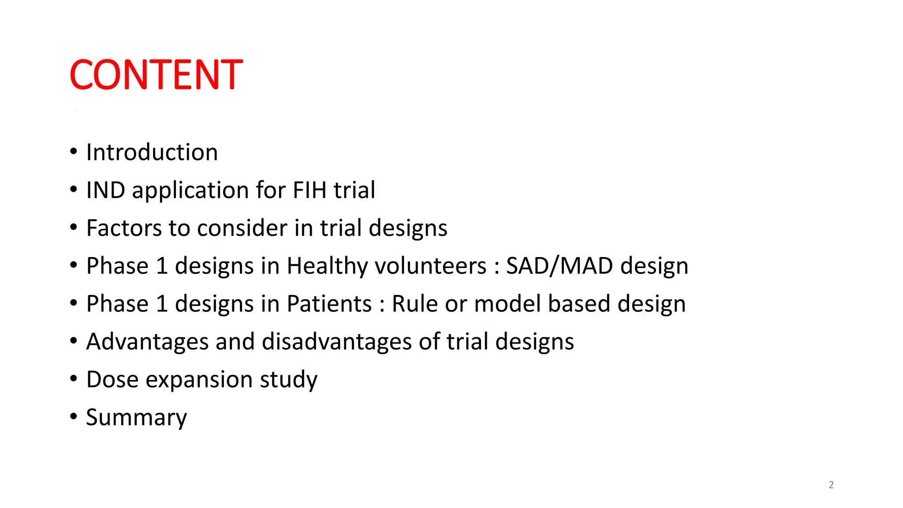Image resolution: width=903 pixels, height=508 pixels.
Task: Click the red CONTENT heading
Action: pyautogui.click(x=156, y=75)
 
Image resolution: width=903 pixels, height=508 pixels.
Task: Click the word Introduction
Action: pyautogui.click(x=152, y=153)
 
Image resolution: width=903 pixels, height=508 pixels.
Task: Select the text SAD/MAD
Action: pyautogui.click(x=560, y=266)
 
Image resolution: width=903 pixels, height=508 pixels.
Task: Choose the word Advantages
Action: pyautogui.click(x=147, y=342)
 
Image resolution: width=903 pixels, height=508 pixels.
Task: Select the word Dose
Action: pyautogui.click(x=112, y=380)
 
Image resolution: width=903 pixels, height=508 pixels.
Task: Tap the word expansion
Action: pyautogui.click(x=199, y=380)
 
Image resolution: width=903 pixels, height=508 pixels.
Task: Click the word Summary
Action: pyautogui.click(x=136, y=418)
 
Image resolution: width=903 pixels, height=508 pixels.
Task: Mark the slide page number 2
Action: pyautogui.click(x=831, y=485)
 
